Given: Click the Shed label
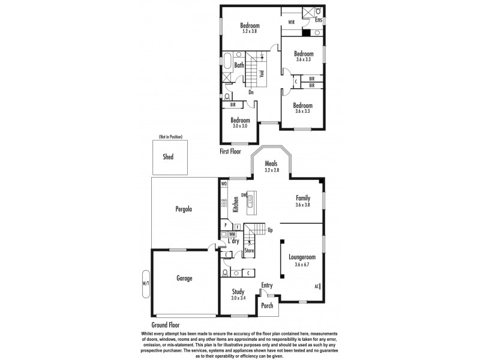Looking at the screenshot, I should click(168, 157).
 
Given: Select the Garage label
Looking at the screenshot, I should click(184, 278).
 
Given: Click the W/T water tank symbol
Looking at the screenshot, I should click(145, 283).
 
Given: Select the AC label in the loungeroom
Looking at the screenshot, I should click(316, 286).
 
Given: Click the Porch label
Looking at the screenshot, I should click(268, 305).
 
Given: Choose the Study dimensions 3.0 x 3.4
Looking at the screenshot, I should click(239, 298).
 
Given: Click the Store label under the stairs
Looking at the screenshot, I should click(249, 250).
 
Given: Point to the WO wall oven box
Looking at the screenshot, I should click(224, 184).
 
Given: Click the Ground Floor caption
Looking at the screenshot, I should click(166, 325).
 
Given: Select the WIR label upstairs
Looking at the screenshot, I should click(291, 22).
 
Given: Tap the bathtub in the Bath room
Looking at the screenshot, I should click(227, 62).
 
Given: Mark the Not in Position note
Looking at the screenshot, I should click(170, 137).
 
